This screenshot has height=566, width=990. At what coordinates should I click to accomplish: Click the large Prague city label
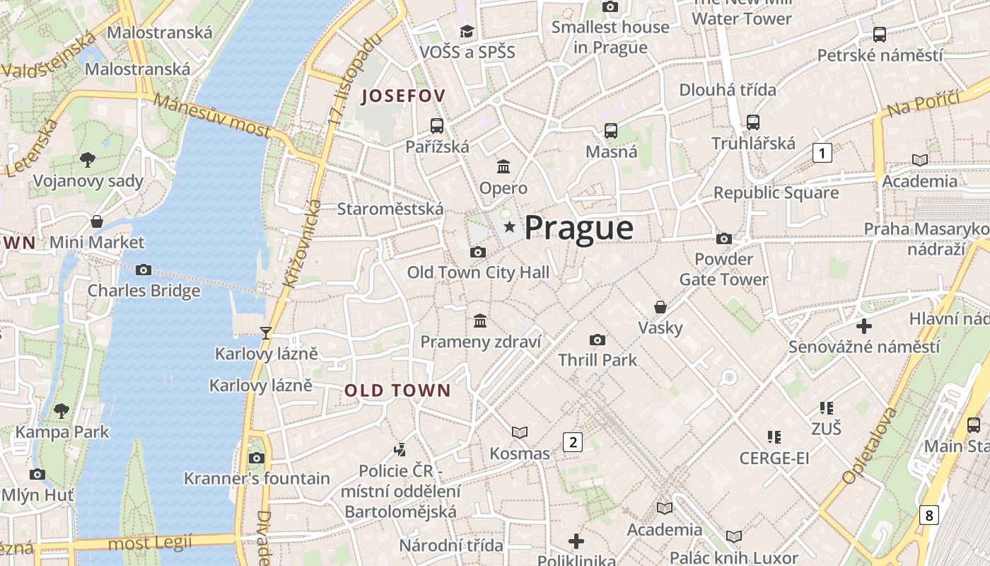(578, 228)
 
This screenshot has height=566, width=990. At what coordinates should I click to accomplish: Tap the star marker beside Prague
(509, 226)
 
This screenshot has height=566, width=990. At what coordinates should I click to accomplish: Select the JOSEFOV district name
(403, 96)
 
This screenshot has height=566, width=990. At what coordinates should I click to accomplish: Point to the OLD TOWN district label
(397, 390)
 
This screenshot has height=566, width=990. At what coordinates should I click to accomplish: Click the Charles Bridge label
(144, 291)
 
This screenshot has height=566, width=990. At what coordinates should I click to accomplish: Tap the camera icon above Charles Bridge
(144, 270)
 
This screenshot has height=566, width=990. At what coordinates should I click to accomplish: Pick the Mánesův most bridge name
(212, 116)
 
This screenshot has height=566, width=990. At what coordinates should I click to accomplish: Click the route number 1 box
(822, 152)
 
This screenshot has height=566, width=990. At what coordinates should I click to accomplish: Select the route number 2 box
(572, 442)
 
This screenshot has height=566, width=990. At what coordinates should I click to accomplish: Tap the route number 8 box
(929, 514)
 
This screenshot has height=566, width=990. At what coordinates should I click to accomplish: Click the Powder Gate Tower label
(723, 270)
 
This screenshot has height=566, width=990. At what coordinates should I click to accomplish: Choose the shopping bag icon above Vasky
(660, 307)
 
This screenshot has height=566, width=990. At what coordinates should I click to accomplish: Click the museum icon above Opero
(503, 167)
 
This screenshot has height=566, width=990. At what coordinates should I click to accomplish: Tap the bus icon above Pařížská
(437, 126)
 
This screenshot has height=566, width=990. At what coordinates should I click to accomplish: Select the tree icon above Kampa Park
(62, 410)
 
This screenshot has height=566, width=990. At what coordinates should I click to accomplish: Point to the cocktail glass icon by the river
(266, 333)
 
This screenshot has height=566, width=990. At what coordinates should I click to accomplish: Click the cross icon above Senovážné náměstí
(863, 326)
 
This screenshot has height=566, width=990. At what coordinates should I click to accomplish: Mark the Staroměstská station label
(390, 209)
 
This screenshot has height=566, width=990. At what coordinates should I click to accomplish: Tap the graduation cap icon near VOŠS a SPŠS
(467, 31)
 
